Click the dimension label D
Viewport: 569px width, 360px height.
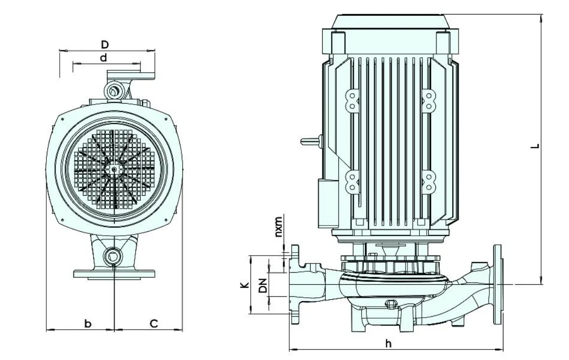click(105, 45)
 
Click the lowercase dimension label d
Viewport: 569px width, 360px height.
click(104, 58)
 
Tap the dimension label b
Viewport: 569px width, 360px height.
click(88, 323)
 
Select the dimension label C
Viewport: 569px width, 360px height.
click(154, 323)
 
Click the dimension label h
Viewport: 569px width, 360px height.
click(389, 343)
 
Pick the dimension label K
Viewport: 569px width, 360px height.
click(245, 285)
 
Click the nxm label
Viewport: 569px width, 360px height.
click(278, 227)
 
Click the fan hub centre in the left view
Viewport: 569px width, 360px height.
click(114, 169)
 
